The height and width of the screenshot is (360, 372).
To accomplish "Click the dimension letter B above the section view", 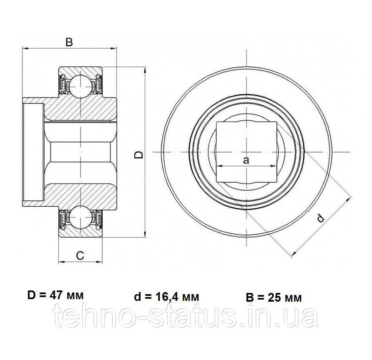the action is pos(69,42).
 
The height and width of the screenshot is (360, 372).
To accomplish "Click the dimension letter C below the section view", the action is pos(80,256).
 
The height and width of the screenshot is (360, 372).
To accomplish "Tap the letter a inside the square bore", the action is pos(246,160).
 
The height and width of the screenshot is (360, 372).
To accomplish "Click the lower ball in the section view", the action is pos(80,217).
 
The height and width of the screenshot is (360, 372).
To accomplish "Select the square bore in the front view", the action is pos(246,152).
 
